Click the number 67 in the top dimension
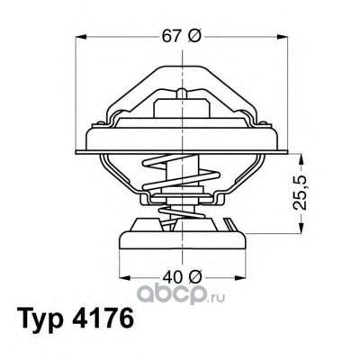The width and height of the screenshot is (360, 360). (x=172, y=37)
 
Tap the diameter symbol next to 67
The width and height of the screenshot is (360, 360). (x=193, y=37)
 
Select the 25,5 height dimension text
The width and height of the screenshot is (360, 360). (x=300, y=193)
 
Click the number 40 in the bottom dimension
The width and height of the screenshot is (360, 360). (x=172, y=277)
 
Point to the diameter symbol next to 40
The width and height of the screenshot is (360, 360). (x=194, y=277)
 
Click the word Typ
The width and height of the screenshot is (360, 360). (x=41, y=319)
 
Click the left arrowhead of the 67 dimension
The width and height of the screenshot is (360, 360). (x=81, y=37)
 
